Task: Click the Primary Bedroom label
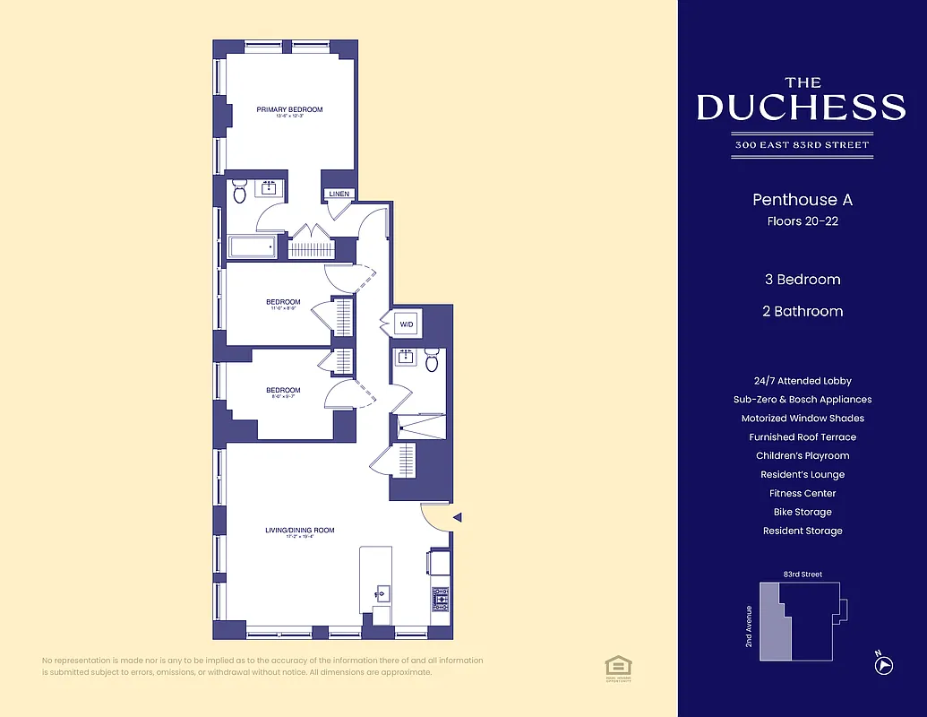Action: pos(289,110)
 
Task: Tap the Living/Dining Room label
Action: pos(299,531)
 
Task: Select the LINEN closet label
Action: pos(339,194)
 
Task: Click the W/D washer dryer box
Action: pos(406,324)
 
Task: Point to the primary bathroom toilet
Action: pos(239,192)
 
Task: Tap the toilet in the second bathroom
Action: pos(432,360)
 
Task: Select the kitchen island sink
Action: pos(382,593)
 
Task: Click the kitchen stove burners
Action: pos(440,599)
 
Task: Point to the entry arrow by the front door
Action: pos(458,517)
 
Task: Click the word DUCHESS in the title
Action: pos(802,108)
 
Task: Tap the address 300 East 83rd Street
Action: pos(802,144)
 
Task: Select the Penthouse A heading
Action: pos(802,200)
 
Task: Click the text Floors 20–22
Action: pos(802,220)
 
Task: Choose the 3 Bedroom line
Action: pos(802,280)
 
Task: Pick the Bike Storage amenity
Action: pos(802,512)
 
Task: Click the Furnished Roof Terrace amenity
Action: pos(802,437)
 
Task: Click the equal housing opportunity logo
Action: pos(617,665)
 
